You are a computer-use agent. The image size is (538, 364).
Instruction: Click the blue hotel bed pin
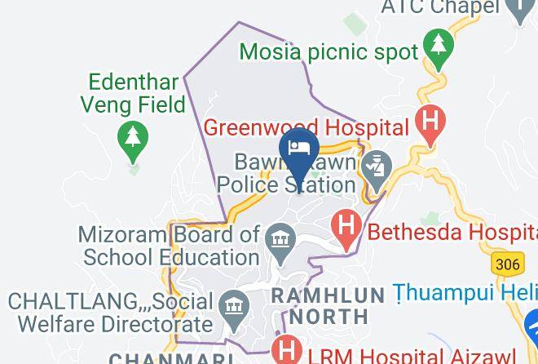299,149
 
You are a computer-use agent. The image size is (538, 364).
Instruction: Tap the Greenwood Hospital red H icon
430,122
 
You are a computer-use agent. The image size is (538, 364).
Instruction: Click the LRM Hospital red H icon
288,351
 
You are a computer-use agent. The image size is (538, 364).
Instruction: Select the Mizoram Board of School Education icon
282,240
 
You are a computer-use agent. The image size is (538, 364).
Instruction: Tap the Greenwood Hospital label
306,127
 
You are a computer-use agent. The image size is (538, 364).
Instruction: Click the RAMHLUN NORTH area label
329,304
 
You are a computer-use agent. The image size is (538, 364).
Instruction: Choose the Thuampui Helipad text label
465,291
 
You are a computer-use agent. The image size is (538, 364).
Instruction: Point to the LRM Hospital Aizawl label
412,355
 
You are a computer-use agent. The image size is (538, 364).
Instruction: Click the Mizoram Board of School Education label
169,244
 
